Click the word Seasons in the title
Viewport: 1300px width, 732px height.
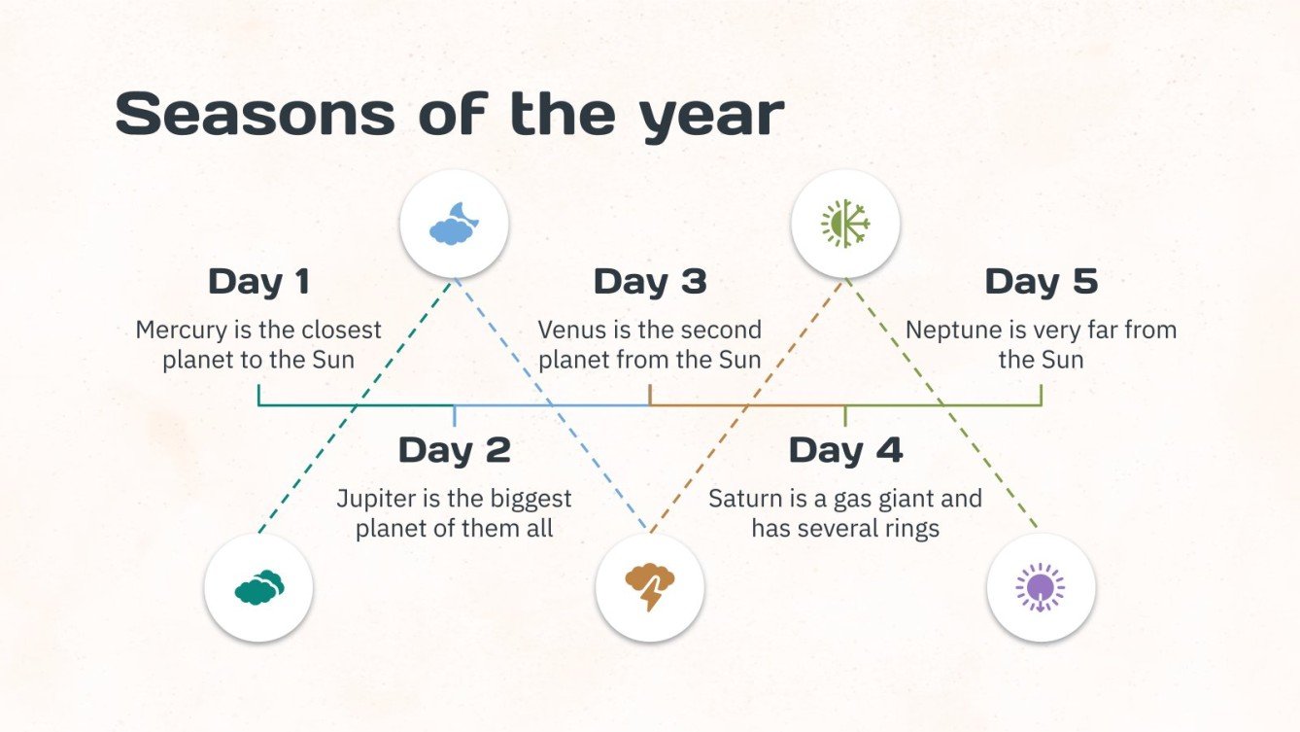tap(256, 114)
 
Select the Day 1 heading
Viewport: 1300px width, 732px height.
tap(258, 282)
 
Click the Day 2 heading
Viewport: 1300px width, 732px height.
tap(455, 450)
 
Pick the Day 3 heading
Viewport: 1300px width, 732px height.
tap(650, 282)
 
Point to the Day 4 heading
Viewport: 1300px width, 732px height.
tap(845, 450)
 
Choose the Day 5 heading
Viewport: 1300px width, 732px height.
tap(1042, 282)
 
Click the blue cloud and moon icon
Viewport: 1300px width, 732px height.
tap(455, 224)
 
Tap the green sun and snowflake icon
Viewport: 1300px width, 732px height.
tap(845, 224)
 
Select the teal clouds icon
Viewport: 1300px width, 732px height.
tap(258, 587)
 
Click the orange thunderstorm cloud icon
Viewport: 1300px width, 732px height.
tap(650, 587)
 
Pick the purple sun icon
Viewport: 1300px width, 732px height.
tap(1041, 587)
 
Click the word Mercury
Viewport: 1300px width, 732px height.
tap(182, 331)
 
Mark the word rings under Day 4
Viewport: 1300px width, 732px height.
tap(912, 530)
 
